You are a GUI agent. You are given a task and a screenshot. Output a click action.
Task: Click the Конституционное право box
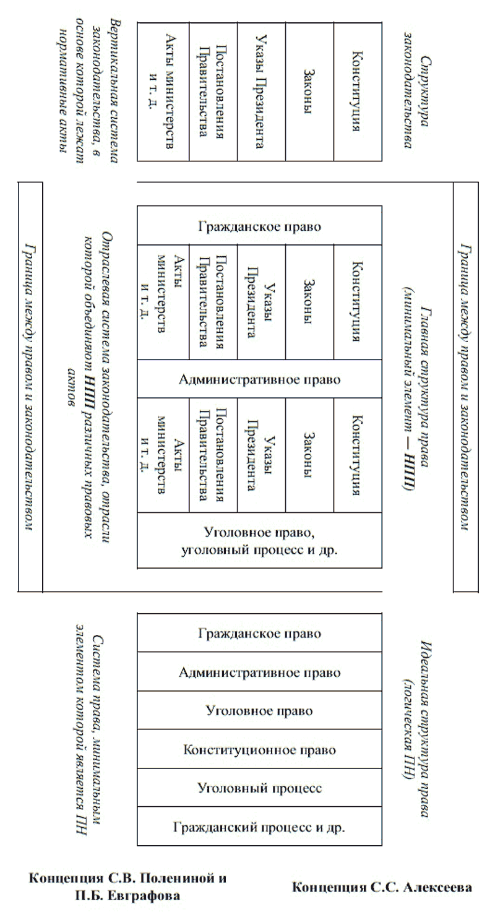point(259,750)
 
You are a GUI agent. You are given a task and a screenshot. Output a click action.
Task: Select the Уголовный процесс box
point(259,788)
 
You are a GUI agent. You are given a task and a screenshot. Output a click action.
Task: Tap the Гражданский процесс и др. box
point(259,827)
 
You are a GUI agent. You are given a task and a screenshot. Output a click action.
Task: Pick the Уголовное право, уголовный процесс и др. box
point(259,540)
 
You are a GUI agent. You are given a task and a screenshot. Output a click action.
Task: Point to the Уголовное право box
point(259,710)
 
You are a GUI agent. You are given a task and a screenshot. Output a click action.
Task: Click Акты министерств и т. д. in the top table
point(161,92)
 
